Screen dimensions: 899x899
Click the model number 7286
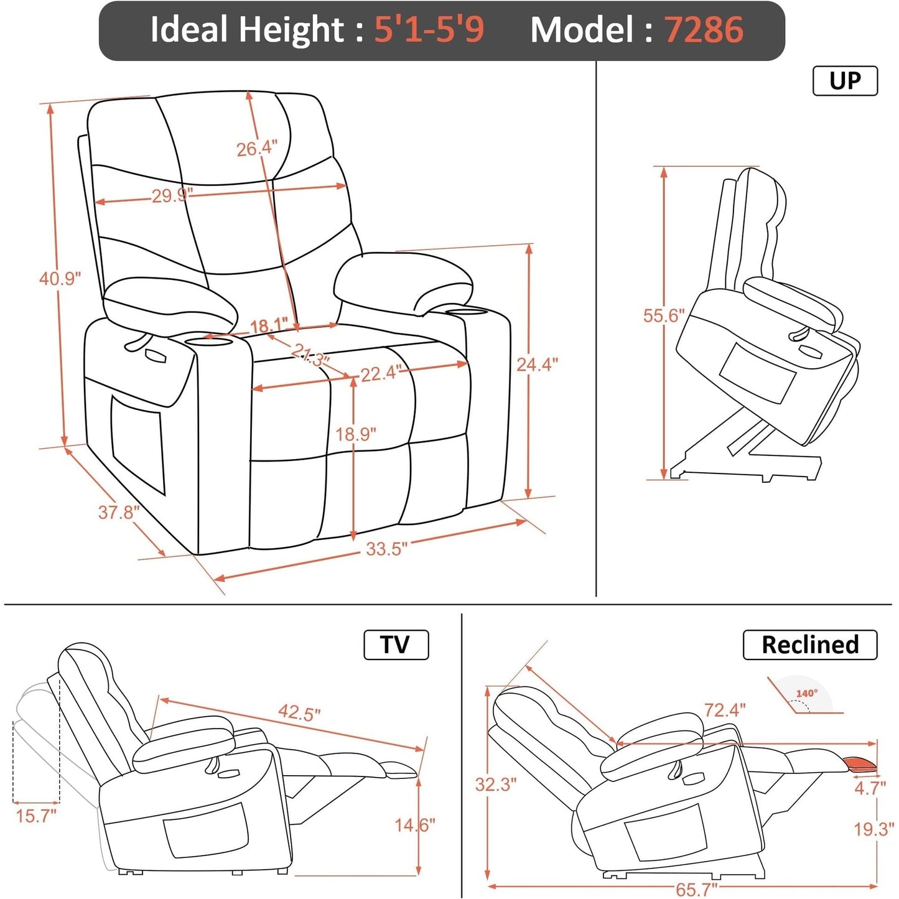coord(704,30)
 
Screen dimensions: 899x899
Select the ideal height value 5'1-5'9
coord(429,30)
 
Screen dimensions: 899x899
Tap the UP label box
coord(845,81)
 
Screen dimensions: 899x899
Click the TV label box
coord(396,645)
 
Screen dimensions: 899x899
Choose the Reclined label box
coord(809,645)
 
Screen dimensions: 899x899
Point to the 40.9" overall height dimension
coord(60,278)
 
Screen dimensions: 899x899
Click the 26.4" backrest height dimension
coord(256,149)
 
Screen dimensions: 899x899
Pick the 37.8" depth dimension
coord(118,512)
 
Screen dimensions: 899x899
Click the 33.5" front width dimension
coord(386,549)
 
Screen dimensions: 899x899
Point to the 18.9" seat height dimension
coord(356,434)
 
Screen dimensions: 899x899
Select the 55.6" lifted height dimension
coord(663,315)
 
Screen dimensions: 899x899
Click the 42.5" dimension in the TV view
coord(299,712)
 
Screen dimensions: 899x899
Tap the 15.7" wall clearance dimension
coord(36,815)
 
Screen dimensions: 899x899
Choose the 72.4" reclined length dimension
coord(724,709)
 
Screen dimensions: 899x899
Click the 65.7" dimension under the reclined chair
coord(696,889)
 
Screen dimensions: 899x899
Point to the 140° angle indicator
coord(806,694)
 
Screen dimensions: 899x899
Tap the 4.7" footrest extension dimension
coord(869,788)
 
